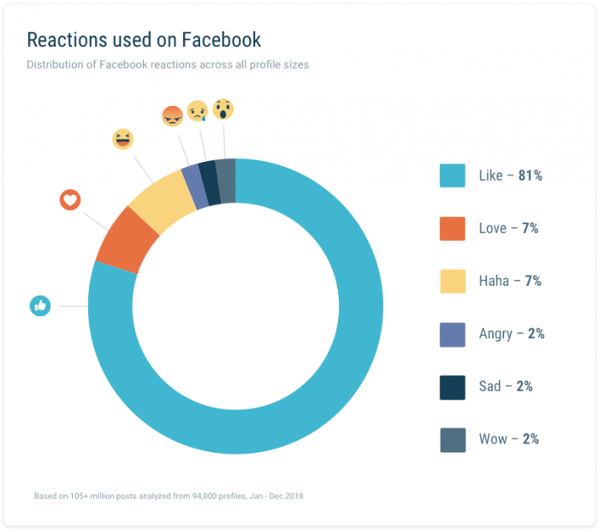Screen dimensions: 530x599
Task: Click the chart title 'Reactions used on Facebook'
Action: click(x=144, y=40)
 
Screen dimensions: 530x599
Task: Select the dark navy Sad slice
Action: click(x=208, y=170)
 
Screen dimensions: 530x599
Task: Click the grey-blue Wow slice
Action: click(x=226, y=169)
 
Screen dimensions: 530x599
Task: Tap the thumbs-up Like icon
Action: click(x=40, y=306)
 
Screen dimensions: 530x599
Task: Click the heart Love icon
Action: click(x=70, y=200)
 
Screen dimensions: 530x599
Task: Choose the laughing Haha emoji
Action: click(x=123, y=140)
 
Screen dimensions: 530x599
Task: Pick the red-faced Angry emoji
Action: click(x=172, y=116)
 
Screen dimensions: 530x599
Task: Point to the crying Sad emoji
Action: click(x=198, y=112)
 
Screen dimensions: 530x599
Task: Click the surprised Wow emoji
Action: click(x=222, y=109)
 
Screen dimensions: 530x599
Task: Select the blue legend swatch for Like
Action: click(x=453, y=176)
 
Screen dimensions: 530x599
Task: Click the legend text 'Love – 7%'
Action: click(x=508, y=229)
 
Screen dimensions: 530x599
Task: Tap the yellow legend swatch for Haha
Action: click(x=453, y=281)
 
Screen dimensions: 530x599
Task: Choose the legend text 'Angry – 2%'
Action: click(x=512, y=334)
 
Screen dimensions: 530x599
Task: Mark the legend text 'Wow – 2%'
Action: click(x=508, y=439)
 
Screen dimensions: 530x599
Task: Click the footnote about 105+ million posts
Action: click(x=169, y=496)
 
